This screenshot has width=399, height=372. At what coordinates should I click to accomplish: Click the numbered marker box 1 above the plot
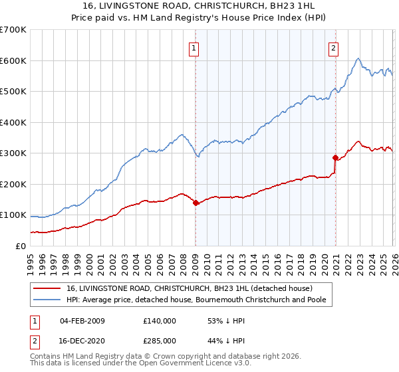click(x=194, y=47)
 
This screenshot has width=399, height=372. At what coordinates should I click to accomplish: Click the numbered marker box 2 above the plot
click(x=332, y=47)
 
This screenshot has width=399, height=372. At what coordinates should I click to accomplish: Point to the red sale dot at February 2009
click(x=196, y=203)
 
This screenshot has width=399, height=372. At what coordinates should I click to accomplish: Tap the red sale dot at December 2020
click(x=335, y=158)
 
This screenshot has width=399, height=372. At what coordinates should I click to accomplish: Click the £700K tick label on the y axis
click(x=13, y=30)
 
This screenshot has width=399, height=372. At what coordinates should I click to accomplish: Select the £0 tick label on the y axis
click(x=21, y=246)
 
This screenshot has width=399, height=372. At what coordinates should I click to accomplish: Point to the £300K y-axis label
click(x=13, y=153)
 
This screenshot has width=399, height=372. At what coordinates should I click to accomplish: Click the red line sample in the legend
click(x=49, y=288)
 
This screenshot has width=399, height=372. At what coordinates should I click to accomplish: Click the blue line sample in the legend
click(x=49, y=300)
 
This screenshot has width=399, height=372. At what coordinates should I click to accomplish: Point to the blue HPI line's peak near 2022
click(x=358, y=58)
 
